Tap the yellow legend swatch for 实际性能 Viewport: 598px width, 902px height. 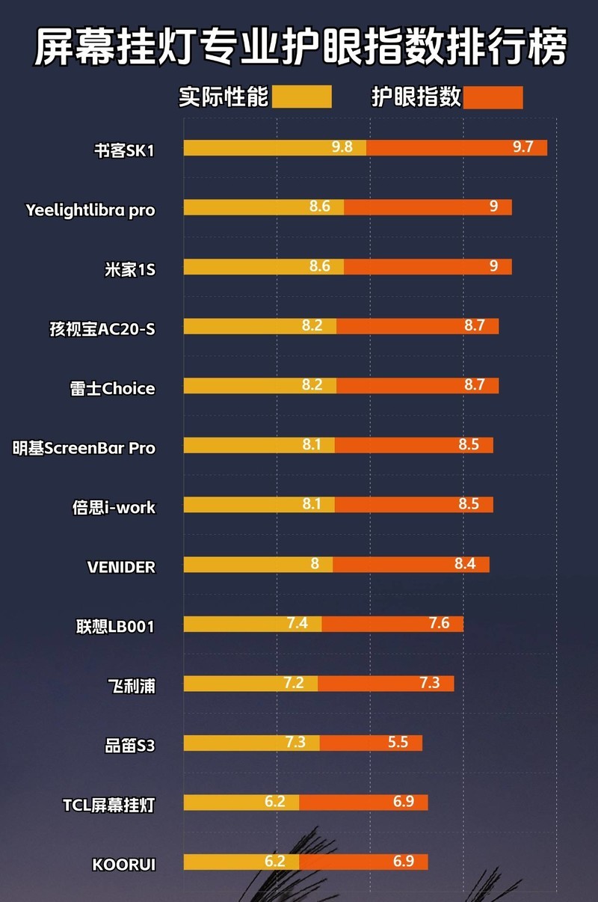(301, 97)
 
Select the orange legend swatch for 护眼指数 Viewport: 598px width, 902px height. (493, 97)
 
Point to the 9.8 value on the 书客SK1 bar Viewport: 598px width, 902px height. (342, 147)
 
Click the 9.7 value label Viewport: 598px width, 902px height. (523, 147)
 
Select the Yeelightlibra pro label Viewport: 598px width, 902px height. (90, 210)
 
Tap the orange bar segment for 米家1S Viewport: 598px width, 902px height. (428, 266)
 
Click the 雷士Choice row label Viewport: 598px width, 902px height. (112, 389)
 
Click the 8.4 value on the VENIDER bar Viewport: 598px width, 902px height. (465, 564)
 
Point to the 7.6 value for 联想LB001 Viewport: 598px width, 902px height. (439, 623)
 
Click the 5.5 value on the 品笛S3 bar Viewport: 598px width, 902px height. (398, 743)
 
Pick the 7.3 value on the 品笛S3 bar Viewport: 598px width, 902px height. (295, 743)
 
